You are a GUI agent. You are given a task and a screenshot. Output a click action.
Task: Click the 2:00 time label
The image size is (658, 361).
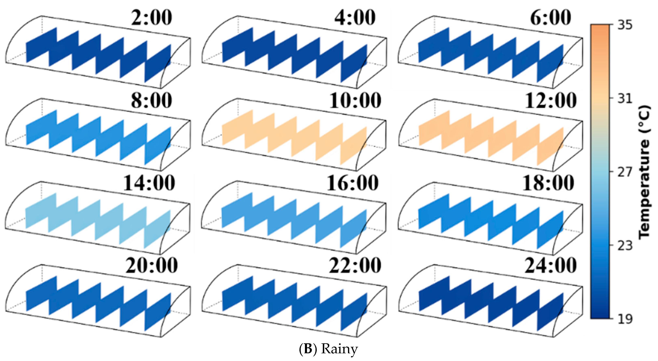[151, 18]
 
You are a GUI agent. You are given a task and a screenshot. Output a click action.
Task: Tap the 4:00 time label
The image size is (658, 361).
[355, 18]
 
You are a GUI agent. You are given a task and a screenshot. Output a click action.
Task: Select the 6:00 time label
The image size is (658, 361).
[550, 18]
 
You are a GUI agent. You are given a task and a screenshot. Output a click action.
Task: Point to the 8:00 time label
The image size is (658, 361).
[151, 101]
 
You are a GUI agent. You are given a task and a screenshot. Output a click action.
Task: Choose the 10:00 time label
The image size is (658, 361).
[355, 101]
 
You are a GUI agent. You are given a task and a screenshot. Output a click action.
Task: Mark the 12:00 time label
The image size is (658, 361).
[550, 101]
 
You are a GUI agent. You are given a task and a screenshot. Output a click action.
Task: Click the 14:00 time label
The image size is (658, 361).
[149, 183]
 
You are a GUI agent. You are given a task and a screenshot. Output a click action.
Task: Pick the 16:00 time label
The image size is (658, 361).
[352, 183]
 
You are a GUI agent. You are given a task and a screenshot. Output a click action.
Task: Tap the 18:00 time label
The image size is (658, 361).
[548, 183]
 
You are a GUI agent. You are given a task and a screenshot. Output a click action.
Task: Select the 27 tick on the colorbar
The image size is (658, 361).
[625, 172]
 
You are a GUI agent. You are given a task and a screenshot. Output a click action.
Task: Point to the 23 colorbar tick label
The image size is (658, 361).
[625, 245]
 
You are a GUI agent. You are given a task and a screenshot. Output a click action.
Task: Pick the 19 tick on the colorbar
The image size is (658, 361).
[625, 319]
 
